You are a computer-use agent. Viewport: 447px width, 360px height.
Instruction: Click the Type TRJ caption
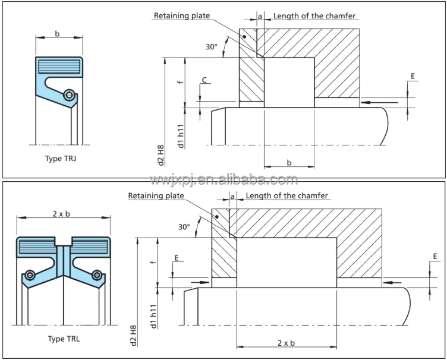[62, 159]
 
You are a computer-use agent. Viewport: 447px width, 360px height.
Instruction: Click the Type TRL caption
[64, 339]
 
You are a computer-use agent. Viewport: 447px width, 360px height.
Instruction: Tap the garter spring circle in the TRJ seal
[70, 95]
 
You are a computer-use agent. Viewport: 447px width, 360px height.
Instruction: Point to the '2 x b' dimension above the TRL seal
[62, 214]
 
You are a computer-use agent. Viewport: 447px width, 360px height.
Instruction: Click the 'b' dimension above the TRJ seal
[58, 34]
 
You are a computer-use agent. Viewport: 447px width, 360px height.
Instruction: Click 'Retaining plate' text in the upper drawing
[182, 15]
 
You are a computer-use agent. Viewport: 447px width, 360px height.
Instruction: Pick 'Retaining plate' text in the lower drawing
[156, 195]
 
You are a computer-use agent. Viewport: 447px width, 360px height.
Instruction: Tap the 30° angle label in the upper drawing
[212, 46]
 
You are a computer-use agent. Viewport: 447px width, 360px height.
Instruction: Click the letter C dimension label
[204, 79]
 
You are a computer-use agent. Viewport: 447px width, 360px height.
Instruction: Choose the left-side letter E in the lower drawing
[176, 258]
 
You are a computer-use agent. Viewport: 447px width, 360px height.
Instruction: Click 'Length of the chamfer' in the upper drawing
[314, 15]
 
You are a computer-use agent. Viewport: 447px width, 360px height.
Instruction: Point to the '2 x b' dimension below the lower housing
[287, 342]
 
